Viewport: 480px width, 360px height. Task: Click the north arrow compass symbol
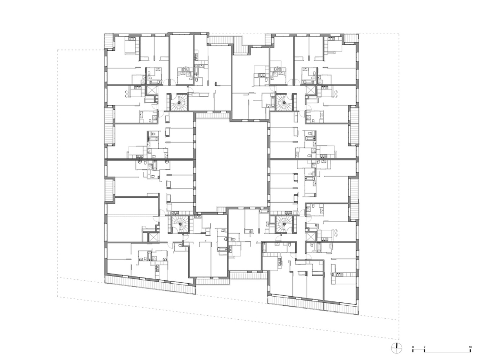(x=396, y=348)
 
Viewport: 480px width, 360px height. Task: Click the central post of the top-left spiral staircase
(x=179, y=103)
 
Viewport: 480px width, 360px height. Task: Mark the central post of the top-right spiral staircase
(x=284, y=103)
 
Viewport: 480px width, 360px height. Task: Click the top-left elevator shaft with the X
(x=152, y=90)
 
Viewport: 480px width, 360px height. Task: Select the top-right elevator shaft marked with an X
(x=311, y=90)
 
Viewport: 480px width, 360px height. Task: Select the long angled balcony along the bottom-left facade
(x=150, y=285)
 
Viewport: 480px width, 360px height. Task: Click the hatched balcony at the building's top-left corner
(x=109, y=41)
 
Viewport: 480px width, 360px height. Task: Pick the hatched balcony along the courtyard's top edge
(x=212, y=116)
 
